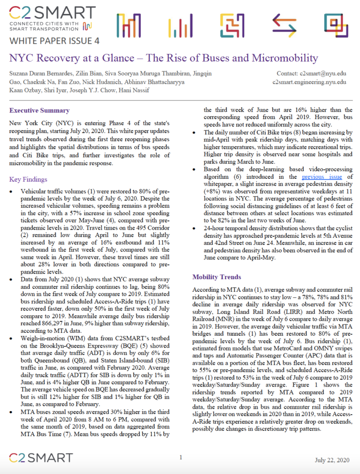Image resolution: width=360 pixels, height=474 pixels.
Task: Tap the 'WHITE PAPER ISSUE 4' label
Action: click(54, 41)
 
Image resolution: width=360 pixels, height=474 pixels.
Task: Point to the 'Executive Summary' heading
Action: click(39, 111)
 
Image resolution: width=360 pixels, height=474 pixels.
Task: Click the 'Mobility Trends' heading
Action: click(217, 277)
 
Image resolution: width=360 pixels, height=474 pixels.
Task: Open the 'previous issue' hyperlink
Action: click(320, 177)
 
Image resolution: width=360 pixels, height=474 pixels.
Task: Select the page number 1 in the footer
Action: click(180, 457)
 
